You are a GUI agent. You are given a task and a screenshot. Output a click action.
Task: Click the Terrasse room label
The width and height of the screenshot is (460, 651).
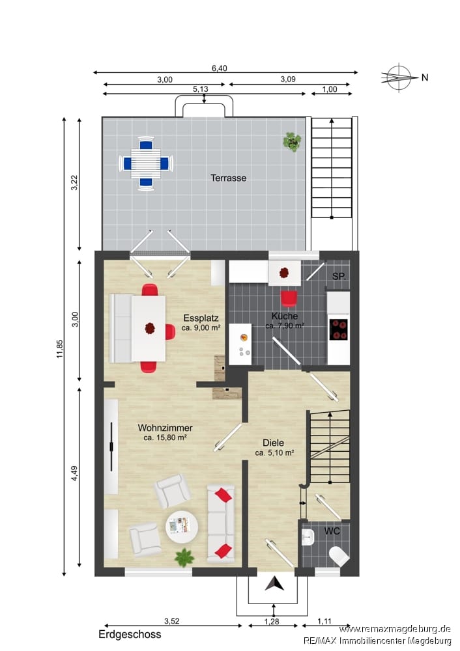[x=228, y=178]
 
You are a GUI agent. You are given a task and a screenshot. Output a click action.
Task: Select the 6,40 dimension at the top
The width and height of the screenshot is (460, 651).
[x=220, y=68]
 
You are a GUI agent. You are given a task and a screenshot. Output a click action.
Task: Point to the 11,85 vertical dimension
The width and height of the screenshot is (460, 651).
[x=60, y=349]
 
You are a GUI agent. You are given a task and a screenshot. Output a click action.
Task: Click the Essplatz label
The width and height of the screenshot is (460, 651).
[x=201, y=318]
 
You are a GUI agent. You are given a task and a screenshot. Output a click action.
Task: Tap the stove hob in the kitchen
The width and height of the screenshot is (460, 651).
[x=339, y=329]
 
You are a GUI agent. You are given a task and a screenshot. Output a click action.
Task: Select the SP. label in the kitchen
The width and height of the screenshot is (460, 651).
[x=339, y=276]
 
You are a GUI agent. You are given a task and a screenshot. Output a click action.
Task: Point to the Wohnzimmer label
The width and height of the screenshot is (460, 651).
[x=165, y=428]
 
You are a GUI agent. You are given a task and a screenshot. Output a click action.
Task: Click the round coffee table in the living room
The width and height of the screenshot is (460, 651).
[x=182, y=527]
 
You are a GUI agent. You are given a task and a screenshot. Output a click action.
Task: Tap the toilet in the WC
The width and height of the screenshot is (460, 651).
[x=339, y=556]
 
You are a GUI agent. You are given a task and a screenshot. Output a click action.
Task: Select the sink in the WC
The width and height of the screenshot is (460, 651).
[x=308, y=537]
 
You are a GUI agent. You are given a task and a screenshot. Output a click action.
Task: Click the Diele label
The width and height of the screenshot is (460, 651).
[x=274, y=443]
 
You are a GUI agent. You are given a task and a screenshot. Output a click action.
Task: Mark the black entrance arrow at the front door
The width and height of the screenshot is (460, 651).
[x=275, y=584]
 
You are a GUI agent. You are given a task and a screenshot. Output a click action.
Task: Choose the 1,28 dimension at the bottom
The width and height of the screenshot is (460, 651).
[x=272, y=622]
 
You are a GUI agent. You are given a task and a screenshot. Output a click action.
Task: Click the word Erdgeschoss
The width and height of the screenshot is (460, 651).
[x=130, y=634]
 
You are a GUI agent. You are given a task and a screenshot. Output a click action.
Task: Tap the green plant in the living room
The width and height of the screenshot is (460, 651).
[x=184, y=558]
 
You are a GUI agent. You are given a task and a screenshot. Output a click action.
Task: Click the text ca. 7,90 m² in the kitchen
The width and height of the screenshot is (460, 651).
[x=285, y=326]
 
